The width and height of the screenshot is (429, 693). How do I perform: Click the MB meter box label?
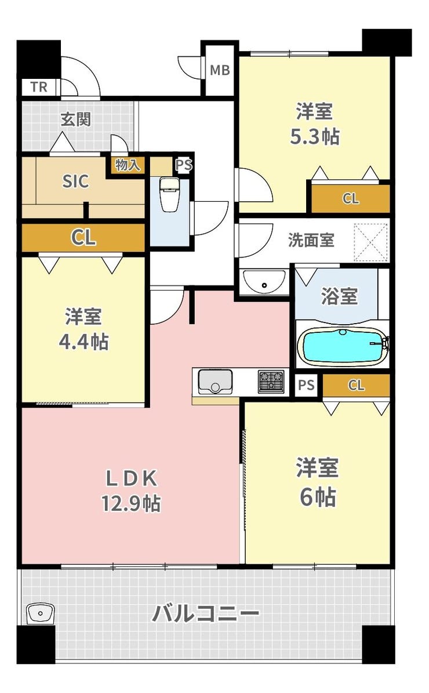coord(220,70)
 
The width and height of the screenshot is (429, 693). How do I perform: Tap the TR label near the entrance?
coord(39,86)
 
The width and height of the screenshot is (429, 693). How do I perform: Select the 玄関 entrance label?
coord(75,119)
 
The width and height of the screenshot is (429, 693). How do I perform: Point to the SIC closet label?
coord(75,181)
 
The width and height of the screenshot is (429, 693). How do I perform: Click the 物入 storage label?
coord(127,165)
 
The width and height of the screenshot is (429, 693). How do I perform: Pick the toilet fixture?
coord(168,194)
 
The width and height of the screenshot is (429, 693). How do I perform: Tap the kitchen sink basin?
coord(214,382)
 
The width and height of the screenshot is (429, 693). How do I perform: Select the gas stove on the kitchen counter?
coord(271,382)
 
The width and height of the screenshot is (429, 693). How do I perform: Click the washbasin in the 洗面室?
coord(264,281)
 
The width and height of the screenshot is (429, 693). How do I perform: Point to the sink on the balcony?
coord(40,614)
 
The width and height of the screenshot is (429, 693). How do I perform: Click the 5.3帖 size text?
coord(315,136)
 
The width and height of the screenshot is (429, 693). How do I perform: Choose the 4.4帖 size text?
coord(84,342)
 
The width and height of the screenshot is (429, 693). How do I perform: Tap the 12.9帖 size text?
coord(131,503)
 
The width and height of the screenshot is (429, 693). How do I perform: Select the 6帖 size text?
coord(318,497)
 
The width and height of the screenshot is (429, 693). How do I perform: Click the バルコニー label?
coord(205,614)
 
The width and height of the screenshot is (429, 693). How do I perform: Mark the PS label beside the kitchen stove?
coord(306,385)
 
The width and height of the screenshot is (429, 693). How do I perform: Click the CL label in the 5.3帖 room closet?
coord(351,198)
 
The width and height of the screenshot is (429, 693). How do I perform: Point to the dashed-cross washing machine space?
coord(370,242)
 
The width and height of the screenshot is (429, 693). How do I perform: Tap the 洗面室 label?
coord(311,240)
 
